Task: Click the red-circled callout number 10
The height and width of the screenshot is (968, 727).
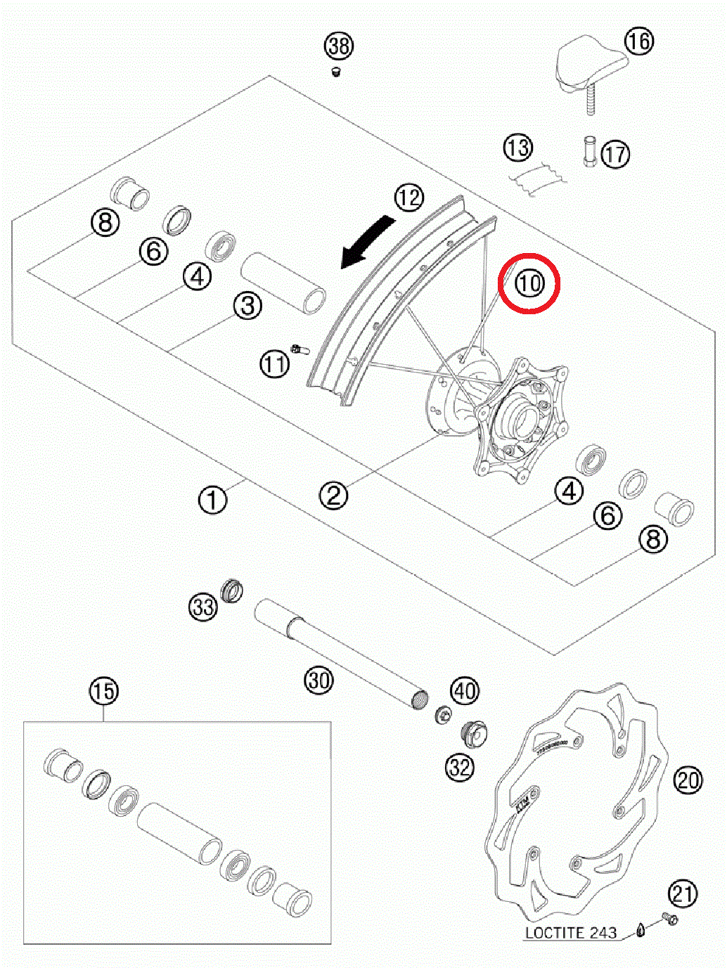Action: (529, 283)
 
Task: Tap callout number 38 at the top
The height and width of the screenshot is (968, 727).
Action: (339, 46)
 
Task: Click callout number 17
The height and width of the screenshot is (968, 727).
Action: (615, 154)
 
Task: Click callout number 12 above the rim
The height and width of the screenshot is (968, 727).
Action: (408, 198)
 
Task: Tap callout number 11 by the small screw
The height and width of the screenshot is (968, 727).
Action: (274, 363)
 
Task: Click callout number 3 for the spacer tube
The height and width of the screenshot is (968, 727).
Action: (247, 306)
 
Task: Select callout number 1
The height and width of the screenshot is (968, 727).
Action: (212, 500)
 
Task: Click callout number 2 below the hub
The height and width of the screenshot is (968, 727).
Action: (333, 495)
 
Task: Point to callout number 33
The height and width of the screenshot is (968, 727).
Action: (203, 606)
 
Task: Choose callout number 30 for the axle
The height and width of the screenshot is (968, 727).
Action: (319, 680)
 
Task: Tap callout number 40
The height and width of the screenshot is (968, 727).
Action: (464, 691)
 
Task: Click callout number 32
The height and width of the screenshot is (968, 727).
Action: (460, 767)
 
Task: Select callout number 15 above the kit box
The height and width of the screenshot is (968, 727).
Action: (103, 691)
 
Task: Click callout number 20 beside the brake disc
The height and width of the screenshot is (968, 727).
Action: (688, 780)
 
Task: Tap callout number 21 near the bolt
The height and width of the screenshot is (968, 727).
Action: (682, 894)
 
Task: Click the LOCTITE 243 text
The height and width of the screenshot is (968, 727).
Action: (570, 933)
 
